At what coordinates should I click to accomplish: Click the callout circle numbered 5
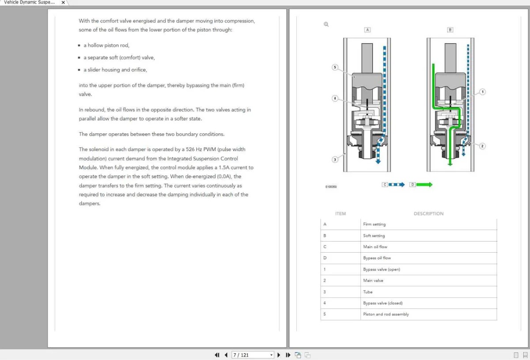click(x=335, y=68)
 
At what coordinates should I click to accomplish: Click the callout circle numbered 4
click(x=335, y=98)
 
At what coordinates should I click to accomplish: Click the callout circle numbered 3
click(x=335, y=159)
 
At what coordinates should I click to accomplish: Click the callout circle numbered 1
click(x=482, y=92)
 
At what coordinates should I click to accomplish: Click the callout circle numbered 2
click(x=482, y=146)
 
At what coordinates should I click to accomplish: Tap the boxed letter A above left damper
click(x=367, y=30)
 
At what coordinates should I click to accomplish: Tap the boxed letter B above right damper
click(x=450, y=30)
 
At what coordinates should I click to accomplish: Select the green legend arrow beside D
click(x=424, y=185)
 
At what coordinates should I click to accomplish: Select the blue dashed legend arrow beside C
click(x=397, y=185)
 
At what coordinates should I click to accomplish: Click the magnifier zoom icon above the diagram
click(x=326, y=24)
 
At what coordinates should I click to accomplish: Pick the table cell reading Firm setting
click(x=374, y=224)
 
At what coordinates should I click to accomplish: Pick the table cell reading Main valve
click(x=373, y=280)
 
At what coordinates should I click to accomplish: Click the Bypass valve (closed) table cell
click(x=382, y=303)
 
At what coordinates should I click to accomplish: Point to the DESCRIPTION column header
click(x=428, y=214)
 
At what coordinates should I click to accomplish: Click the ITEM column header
click(x=341, y=214)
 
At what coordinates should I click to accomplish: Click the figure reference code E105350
click(x=331, y=187)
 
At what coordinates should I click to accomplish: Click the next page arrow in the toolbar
click(x=279, y=355)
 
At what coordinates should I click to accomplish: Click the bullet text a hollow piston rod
click(x=108, y=45)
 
